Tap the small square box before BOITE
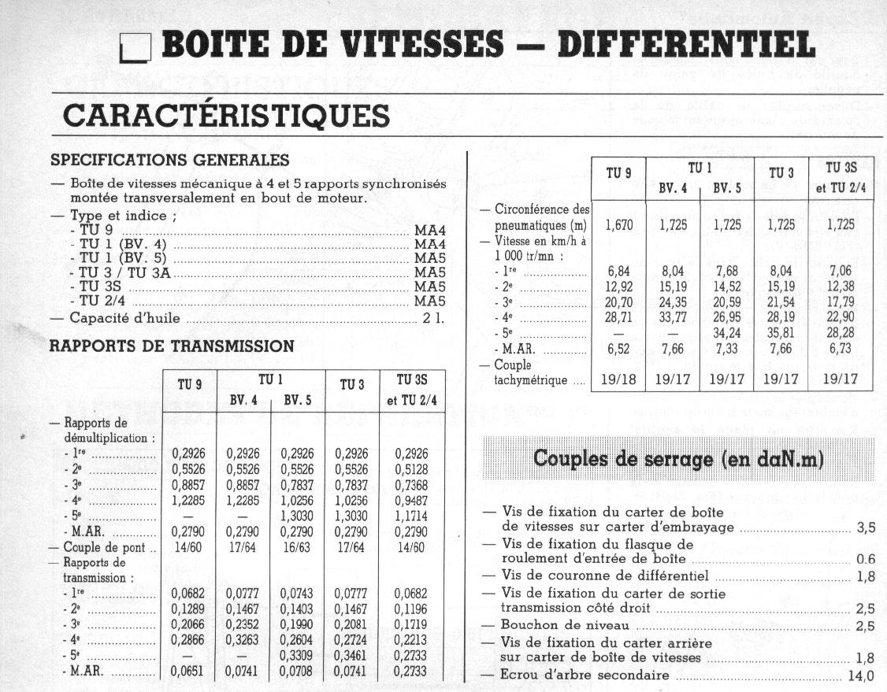136,49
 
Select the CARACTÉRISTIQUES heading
226,115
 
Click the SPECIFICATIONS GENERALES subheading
169,160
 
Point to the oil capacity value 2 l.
434,319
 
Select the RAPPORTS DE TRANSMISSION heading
172,346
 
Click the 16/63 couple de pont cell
297,548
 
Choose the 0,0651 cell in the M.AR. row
188,672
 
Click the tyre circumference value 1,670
618,225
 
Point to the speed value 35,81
781,333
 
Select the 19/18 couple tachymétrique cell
618,379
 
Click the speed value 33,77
673,317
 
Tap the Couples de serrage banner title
678,459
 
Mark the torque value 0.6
865,560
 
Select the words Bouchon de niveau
565,626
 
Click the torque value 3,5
866,527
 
